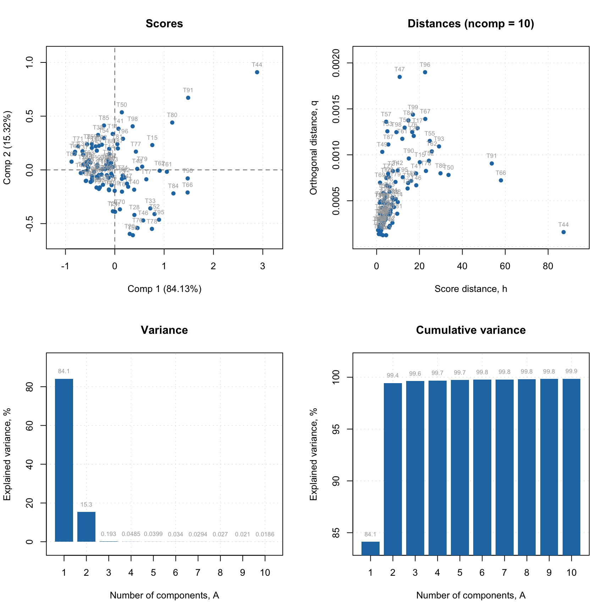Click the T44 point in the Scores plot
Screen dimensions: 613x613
pos(257,72)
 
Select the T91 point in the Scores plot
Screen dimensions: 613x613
pos(188,98)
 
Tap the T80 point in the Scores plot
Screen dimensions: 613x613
pos(172,123)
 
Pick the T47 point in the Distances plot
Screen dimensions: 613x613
pos(399,77)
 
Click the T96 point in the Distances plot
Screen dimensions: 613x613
pos(425,72)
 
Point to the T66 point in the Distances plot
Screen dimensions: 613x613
pos(501,180)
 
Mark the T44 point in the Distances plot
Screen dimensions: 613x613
pos(563,232)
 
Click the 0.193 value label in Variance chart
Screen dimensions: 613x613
pos(109,534)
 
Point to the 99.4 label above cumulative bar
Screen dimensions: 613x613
pos(393,376)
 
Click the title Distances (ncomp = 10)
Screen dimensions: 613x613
pos(471,24)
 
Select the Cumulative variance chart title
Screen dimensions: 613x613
pos(471,330)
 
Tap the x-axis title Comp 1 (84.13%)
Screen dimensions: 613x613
pos(164,289)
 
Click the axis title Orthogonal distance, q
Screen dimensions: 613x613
pos(313,148)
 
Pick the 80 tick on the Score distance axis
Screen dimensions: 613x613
pos(548,266)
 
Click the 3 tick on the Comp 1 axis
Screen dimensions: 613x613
pos(263,266)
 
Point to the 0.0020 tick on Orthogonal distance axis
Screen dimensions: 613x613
pos(335,63)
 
